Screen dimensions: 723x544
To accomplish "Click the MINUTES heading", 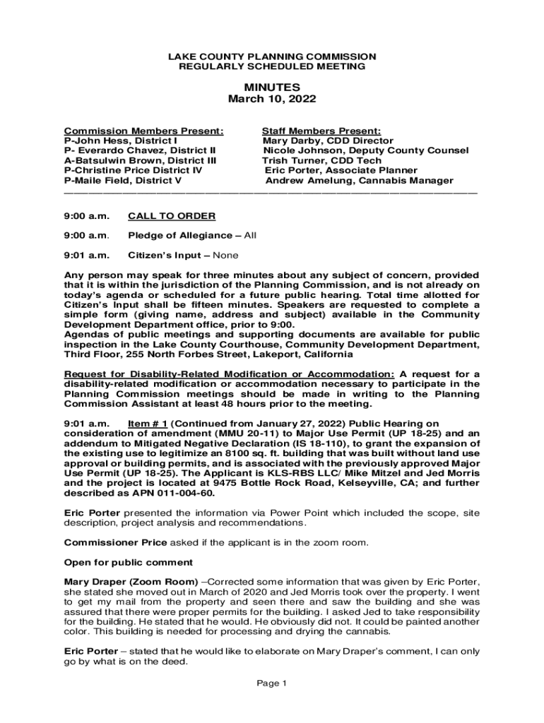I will pos(272,87).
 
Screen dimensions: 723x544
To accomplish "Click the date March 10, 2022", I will pos(272,99).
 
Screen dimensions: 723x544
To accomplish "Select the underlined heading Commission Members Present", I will pos(144,131).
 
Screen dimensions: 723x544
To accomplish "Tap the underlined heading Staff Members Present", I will pos(321,131).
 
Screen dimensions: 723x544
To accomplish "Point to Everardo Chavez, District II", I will pos(140,150).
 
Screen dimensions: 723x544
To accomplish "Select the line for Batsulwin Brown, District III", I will pos(140,160).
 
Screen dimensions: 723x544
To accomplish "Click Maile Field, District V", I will pos(123,180).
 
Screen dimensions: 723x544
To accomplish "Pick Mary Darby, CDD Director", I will pos(328,141).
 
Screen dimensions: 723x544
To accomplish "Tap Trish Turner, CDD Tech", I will pos(321,160).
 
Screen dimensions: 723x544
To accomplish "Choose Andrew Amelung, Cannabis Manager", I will pos(359,180).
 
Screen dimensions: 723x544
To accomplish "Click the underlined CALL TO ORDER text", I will pos(171,215).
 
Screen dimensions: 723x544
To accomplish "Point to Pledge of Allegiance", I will pos(179,235).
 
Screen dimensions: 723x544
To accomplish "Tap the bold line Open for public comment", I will pos(129,562).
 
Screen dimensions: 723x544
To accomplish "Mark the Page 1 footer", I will pos(271,683).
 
